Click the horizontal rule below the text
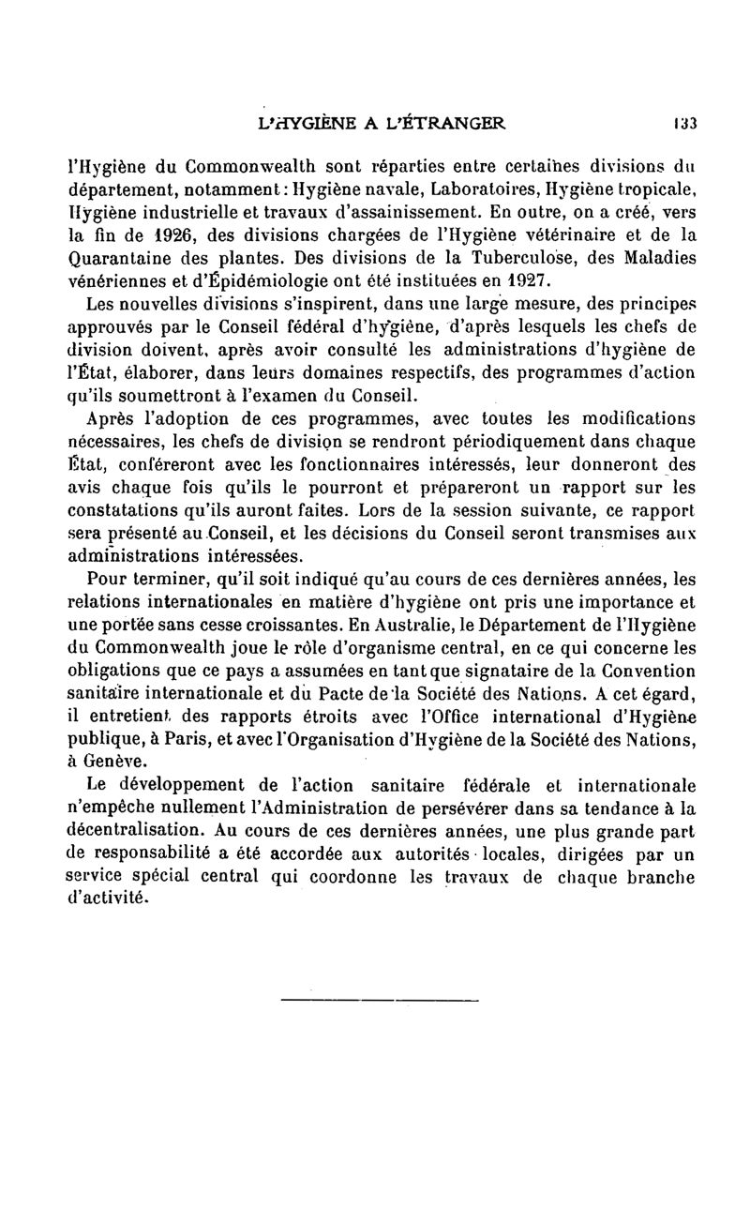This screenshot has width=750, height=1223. point(379,1003)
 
